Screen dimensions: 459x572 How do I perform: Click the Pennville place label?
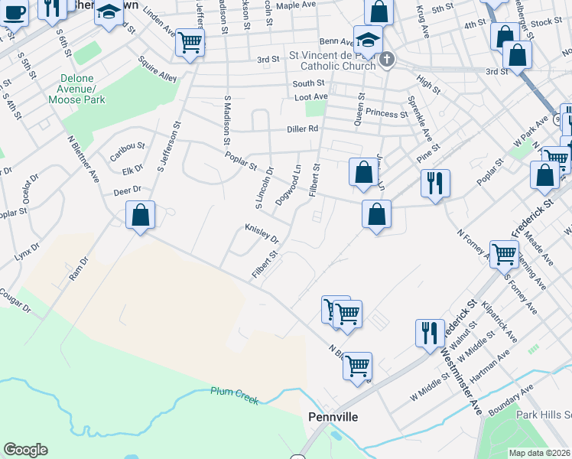click(x=333, y=417)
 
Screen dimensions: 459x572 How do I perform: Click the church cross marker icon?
click(x=388, y=59)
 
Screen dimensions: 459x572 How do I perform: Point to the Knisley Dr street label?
click(x=262, y=233)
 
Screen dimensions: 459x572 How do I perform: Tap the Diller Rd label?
click(x=302, y=129)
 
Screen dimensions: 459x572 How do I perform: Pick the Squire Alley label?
click(x=158, y=68)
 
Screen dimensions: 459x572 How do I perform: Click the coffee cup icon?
click(x=13, y=11)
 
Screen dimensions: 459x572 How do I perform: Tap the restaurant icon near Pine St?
click(x=435, y=183)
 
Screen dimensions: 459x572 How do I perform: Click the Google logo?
click(x=25, y=450)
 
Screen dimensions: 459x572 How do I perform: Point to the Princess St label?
click(x=387, y=113)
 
